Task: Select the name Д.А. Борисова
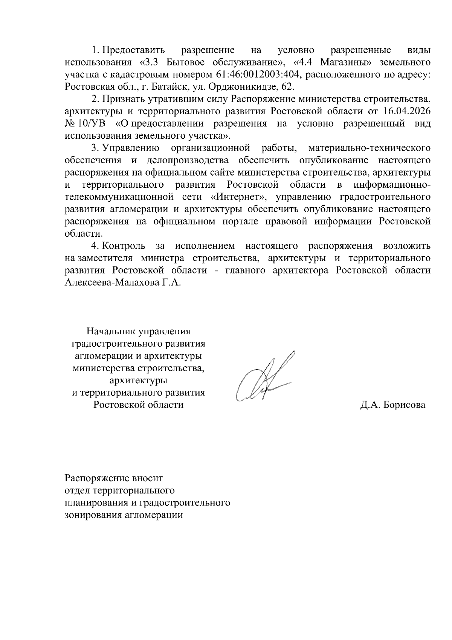tap(393, 405)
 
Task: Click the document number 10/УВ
tap(92, 123)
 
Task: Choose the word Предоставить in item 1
tap(134, 50)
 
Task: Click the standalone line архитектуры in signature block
tap(138, 380)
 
